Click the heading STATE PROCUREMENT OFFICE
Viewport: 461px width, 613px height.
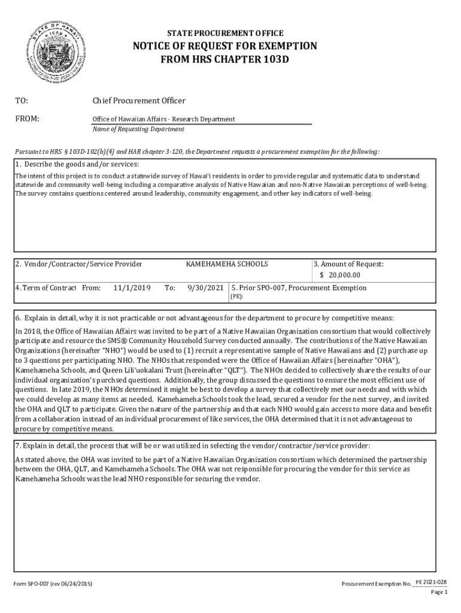(x=225, y=34)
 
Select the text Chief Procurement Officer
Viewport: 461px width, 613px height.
(x=138, y=100)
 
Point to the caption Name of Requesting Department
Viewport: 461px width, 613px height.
(x=138, y=129)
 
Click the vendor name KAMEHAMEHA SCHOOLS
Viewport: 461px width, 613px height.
(x=227, y=264)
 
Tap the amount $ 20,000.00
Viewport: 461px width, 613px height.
(x=340, y=275)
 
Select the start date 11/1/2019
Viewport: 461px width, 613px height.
(x=131, y=288)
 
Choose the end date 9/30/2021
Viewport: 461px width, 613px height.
(x=205, y=288)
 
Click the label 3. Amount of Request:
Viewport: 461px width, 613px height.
(x=349, y=264)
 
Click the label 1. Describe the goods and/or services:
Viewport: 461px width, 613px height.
(x=77, y=165)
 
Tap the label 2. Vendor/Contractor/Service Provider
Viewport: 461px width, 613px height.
(x=78, y=264)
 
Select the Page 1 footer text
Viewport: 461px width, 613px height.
(x=439, y=593)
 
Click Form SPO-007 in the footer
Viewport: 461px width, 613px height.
(x=33, y=584)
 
